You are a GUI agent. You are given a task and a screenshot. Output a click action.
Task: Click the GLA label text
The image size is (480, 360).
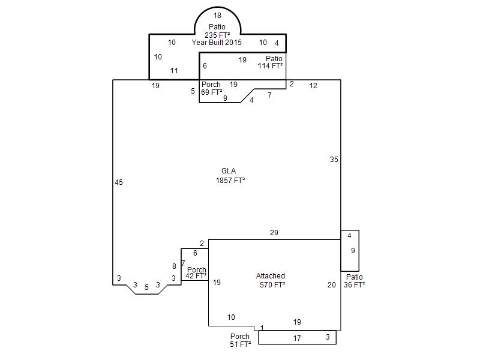[229, 171]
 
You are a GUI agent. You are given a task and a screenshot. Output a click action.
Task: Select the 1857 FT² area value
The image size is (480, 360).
[230, 181]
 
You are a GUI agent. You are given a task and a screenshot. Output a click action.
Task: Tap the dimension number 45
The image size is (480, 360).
[119, 182]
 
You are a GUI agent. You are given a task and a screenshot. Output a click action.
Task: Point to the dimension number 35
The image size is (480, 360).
[334, 160]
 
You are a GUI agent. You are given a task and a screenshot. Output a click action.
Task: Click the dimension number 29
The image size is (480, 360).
[274, 233]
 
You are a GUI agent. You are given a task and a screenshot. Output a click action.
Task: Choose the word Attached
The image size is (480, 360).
[271, 275]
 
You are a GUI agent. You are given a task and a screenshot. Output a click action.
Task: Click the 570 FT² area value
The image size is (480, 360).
[272, 284]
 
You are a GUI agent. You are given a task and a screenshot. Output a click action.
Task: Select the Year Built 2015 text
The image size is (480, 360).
[217, 42]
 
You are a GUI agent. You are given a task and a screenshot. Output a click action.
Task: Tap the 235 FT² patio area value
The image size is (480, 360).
[217, 35]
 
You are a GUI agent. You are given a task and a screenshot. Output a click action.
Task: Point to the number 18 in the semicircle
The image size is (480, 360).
[217, 16]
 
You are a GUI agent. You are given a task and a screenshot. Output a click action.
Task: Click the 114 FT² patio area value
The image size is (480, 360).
[271, 65]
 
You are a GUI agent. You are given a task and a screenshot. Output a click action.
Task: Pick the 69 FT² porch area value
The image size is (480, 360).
[212, 92]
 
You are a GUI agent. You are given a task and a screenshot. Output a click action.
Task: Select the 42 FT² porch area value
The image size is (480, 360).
[196, 276]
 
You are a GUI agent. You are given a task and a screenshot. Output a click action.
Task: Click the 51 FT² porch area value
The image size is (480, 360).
[241, 344]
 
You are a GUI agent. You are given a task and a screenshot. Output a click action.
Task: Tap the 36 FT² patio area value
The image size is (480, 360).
[354, 284]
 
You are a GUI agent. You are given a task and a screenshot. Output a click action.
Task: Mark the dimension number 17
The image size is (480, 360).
[297, 338]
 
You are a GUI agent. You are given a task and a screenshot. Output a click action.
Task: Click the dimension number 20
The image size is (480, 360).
[332, 284]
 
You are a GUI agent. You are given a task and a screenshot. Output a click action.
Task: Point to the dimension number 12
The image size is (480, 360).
[313, 86]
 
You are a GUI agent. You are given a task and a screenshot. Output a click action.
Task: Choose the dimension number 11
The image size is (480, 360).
[174, 71]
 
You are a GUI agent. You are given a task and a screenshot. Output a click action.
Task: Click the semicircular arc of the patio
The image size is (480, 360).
[218, 7]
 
